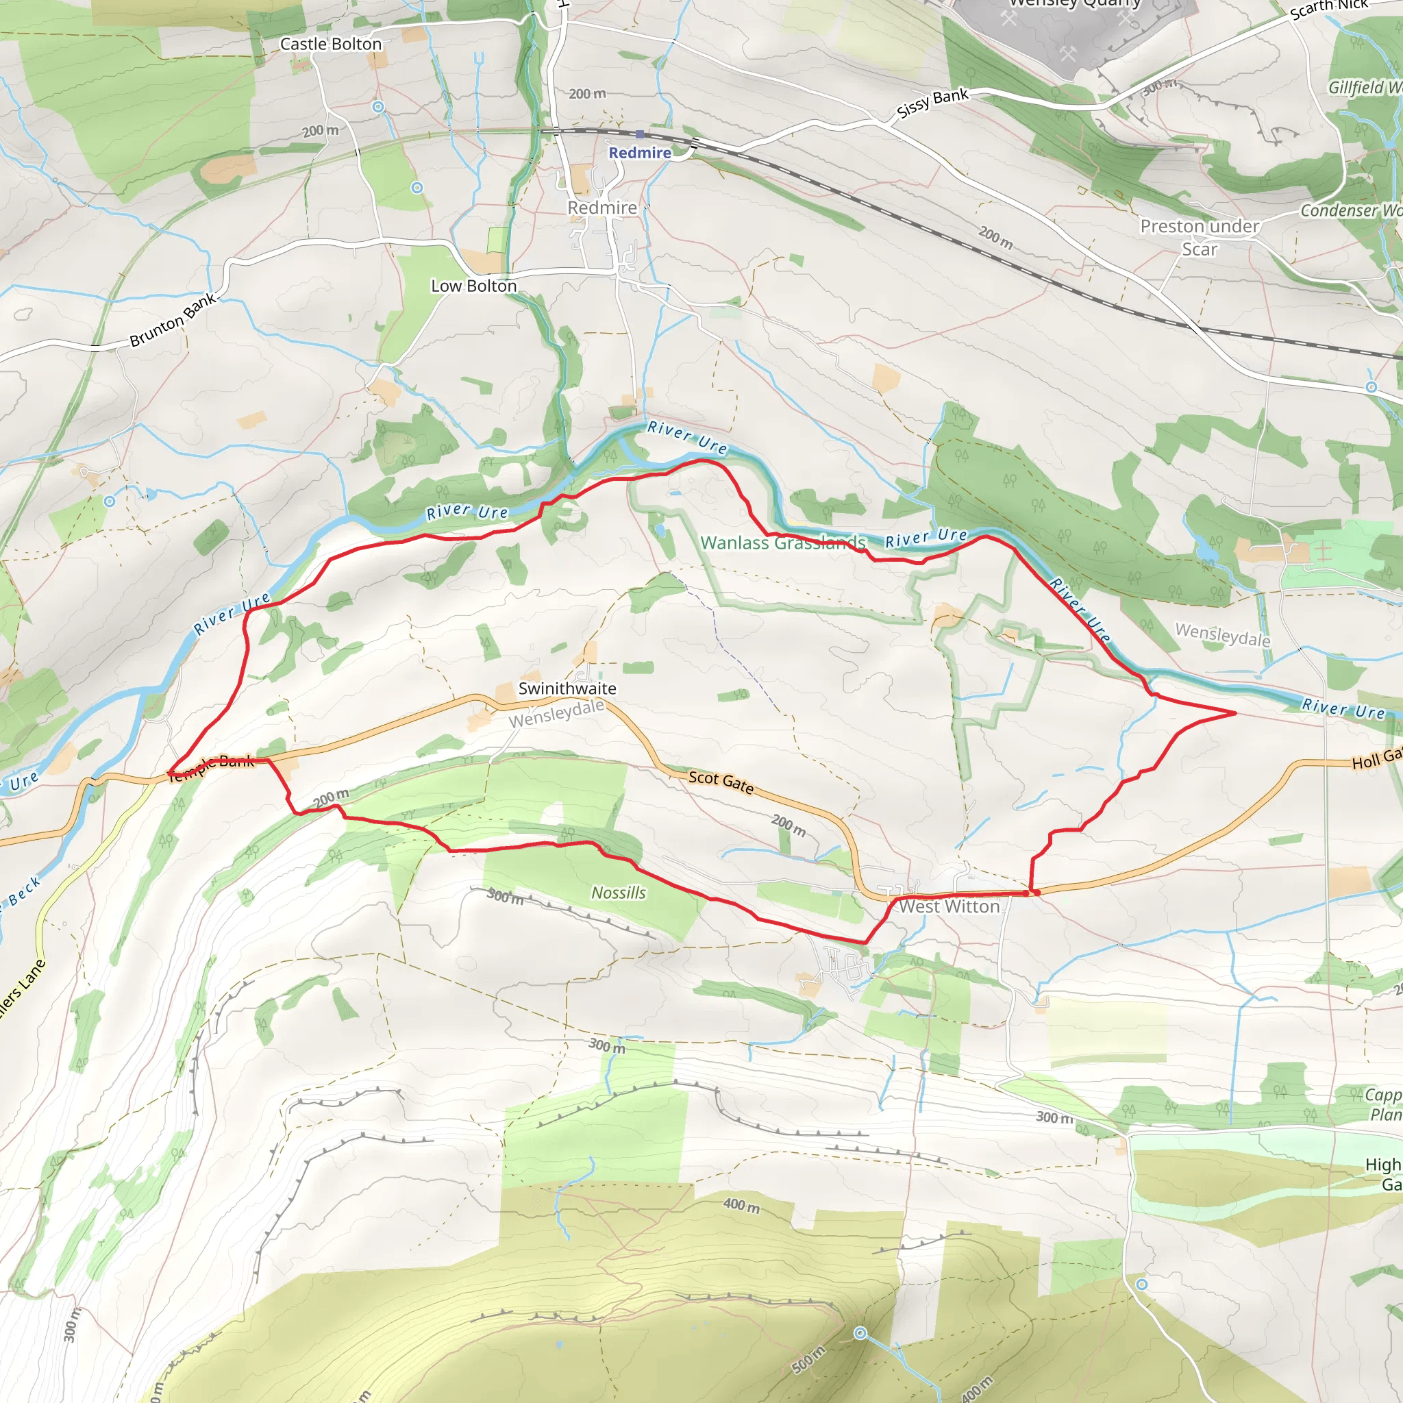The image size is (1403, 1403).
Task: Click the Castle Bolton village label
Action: point(330,45)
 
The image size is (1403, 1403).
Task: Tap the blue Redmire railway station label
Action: point(639,153)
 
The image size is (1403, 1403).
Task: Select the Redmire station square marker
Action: point(640,134)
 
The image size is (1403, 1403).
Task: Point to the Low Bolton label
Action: point(473,286)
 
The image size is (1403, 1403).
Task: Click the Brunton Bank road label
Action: point(173,320)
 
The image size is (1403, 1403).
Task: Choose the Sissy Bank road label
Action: point(932,103)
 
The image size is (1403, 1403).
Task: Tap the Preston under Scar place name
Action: point(1199,238)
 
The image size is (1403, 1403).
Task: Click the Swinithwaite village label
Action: point(567,688)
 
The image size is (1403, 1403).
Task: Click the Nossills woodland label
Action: point(618,893)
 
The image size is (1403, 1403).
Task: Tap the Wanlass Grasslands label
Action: point(783,543)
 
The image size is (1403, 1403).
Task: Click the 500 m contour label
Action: point(808,1359)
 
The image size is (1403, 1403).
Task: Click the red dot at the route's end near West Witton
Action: point(1037,893)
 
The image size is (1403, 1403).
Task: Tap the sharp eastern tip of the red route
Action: point(1235,713)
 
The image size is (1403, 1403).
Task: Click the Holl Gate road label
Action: point(1376,759)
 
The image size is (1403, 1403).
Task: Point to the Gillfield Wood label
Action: point(1365,88)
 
